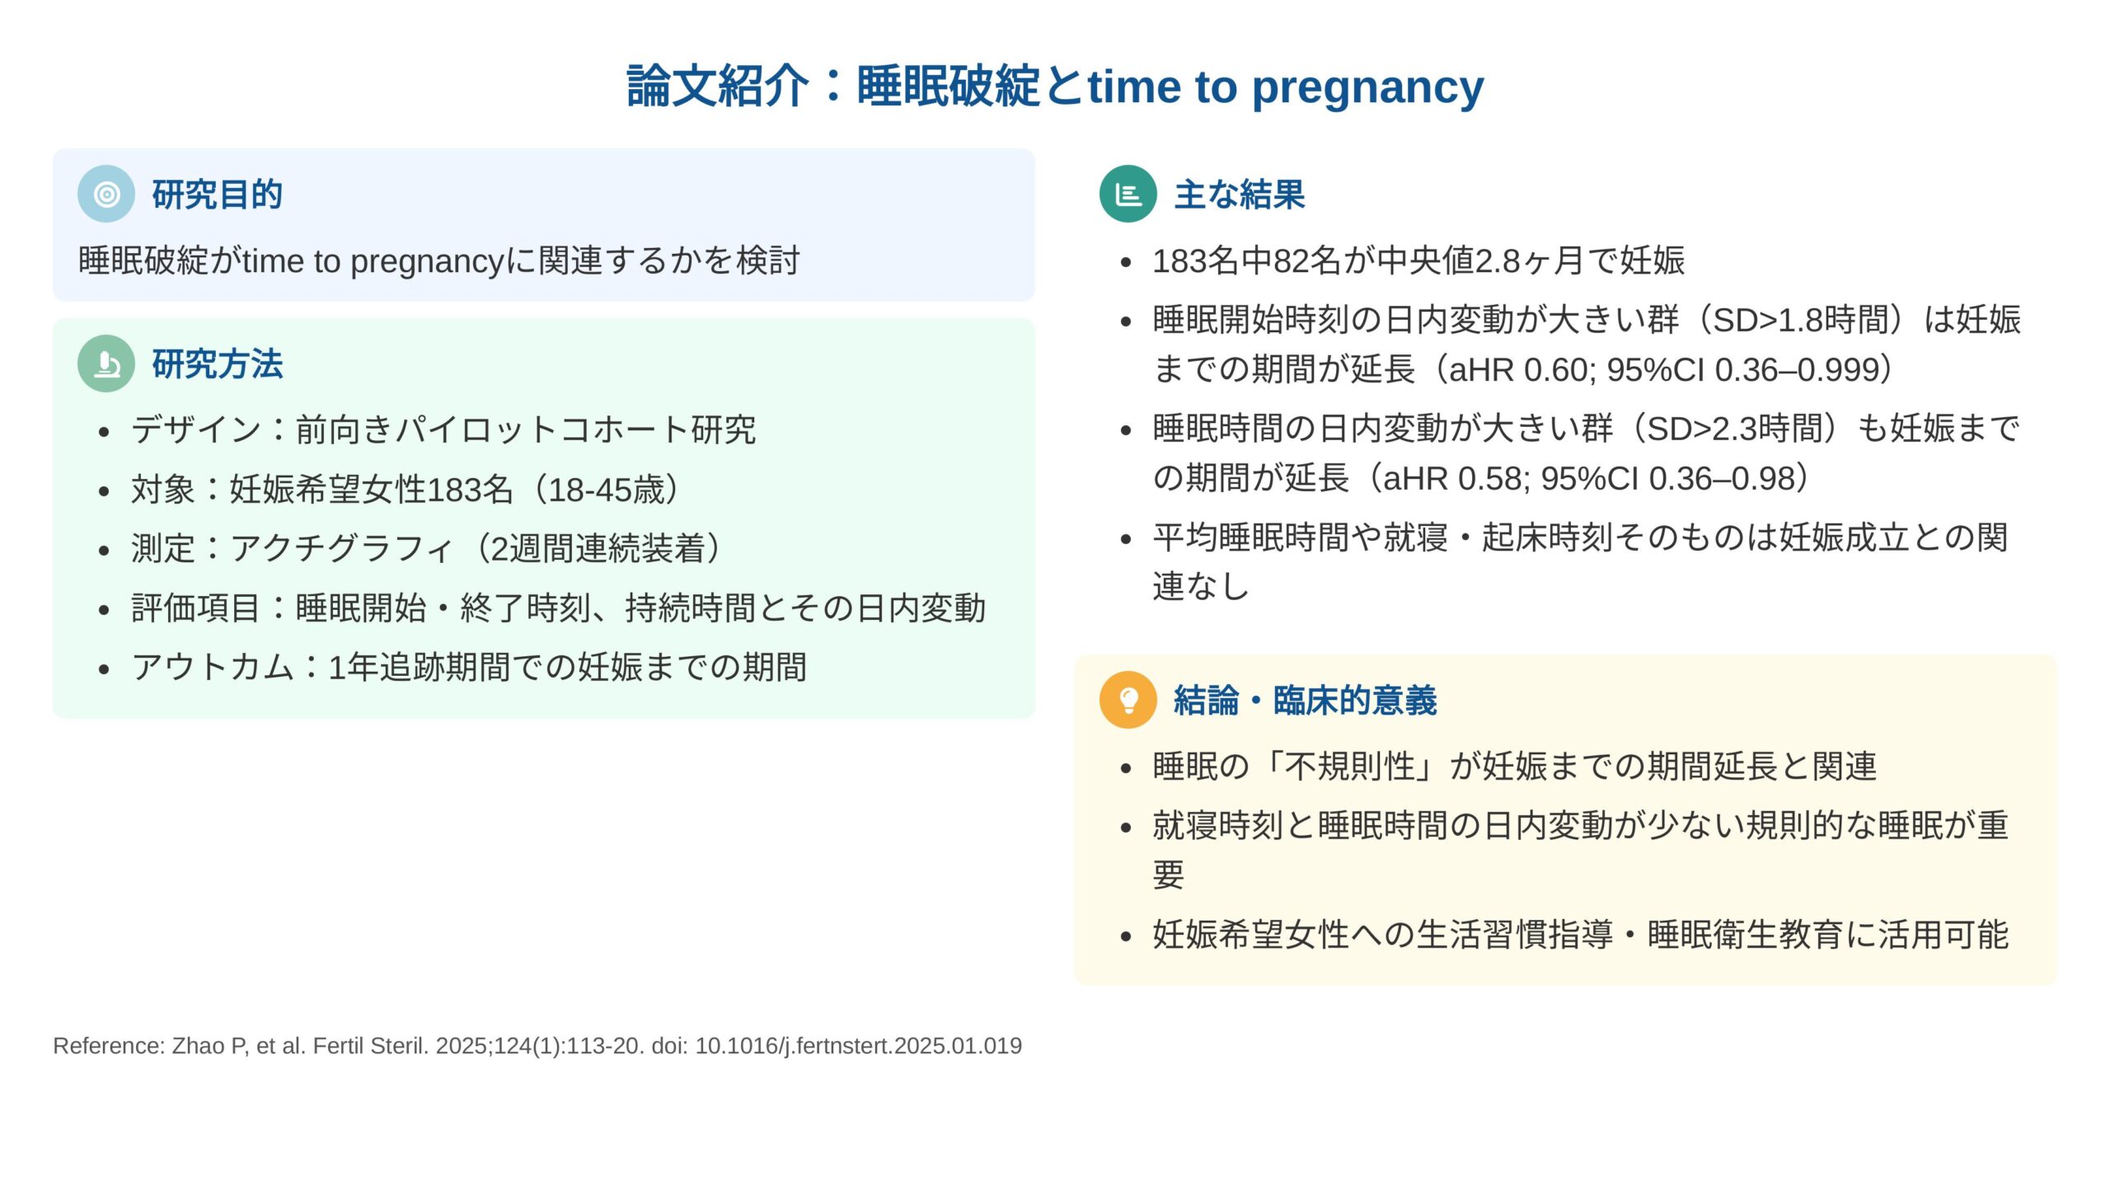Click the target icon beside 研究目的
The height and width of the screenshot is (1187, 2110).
[x=106, y=194]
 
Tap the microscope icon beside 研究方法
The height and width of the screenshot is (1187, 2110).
[x=106, y=364]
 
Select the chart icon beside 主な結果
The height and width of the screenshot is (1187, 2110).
[x=1128, y=194]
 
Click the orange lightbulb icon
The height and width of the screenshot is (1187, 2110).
[x=1128, y=700]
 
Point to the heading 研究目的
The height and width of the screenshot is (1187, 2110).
[x=218, y=195]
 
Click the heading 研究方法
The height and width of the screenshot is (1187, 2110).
[x=218, y=364]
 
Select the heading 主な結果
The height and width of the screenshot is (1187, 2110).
[x=1240, y=195]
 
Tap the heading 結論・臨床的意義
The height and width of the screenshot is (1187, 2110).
[x=1306, y=701]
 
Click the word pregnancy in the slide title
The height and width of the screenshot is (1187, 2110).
[x=1368, y=87]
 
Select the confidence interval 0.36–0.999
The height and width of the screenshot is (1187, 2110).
[x=1803, y=370]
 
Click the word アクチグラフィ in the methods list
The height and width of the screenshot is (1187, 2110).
[x=342, y=549]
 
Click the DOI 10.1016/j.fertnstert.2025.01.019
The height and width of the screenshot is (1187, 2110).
[x=858, y=1046]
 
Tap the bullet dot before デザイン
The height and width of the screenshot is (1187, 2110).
[x=103, y=431]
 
